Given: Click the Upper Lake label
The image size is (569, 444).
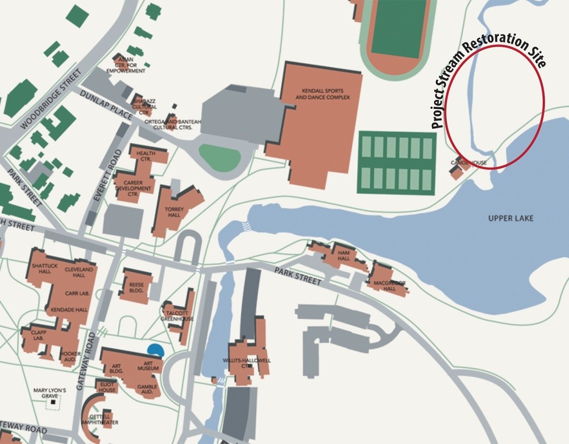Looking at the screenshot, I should click(x=511, y=218).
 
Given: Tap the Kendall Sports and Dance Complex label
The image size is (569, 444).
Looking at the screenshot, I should click(x=322, y=94).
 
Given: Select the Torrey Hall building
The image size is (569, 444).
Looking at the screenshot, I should click(x=174, y=212).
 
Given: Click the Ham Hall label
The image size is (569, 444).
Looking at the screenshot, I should click(x=343, y=255).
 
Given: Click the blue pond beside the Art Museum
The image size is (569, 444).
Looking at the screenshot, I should click(x=156, y=350).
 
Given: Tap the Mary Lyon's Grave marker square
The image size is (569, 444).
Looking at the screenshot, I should click(x=53, y=402).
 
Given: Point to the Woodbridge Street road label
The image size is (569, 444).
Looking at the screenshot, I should click(x=51, y=99).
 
